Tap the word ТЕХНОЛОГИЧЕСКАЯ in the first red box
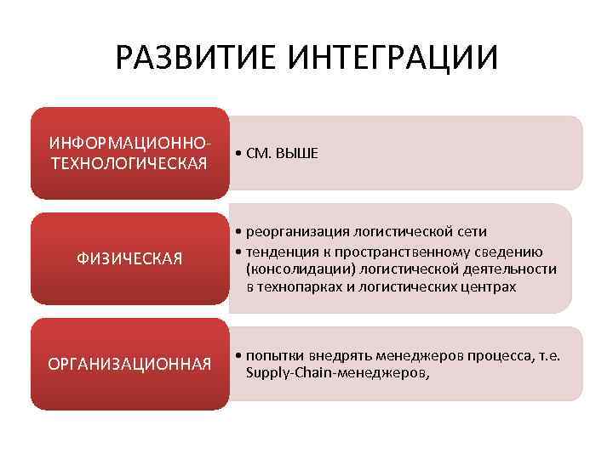[129, 162]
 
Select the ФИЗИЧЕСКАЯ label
[130, 258]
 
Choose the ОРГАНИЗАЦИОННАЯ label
[130, 365]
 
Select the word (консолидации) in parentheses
[297, 269]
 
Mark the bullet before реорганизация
[238, 231]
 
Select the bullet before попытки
[238, 354]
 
